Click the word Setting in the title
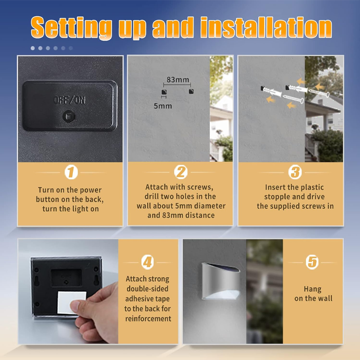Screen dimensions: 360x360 click(72, 28)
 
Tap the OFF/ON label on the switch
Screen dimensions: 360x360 click(69, 100)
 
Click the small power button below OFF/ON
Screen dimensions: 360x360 click(69, 117)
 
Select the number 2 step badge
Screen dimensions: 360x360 click(180, 172)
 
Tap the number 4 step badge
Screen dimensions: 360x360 click(148, 262)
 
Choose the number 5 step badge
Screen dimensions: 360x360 click(312, 262)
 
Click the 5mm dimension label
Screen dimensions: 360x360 click(162, 106)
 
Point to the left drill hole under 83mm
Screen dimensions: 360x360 click(163, 92)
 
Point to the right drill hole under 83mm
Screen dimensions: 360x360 click(191, 92)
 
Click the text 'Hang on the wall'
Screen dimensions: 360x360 click(313, 294)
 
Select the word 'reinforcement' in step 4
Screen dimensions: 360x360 click(148, 319)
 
